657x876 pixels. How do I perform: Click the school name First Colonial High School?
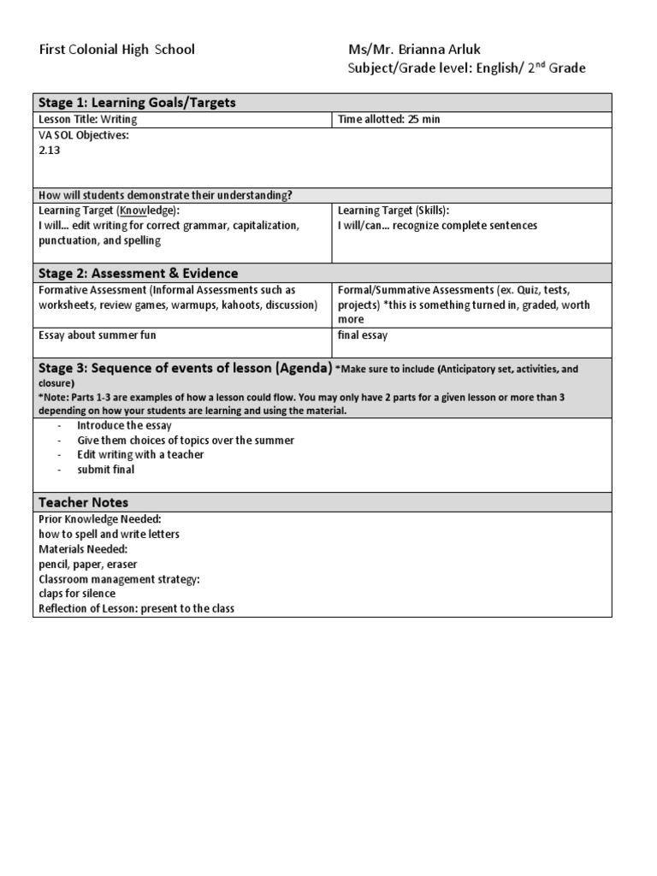coord(118,50)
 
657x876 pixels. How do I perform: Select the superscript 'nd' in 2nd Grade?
coord(538,64)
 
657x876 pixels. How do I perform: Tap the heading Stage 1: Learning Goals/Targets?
coord(138,103)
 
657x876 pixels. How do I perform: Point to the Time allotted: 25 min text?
coord(388,120)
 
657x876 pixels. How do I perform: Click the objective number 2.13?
coord(50,150)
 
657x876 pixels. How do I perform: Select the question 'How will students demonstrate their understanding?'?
coord(165,195)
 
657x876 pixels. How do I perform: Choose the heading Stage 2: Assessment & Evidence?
coord(139,274)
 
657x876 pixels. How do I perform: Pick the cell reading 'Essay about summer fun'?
coord(98,335)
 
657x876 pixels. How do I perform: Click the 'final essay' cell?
coord(363,335)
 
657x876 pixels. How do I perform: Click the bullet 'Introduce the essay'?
coord(124,425)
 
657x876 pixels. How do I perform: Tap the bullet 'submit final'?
coord(105,470)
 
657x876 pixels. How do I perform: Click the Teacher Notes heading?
coord(84,502)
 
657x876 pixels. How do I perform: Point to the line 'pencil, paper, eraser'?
coord(88,565)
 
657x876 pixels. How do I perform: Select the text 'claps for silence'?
coord(77,594)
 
